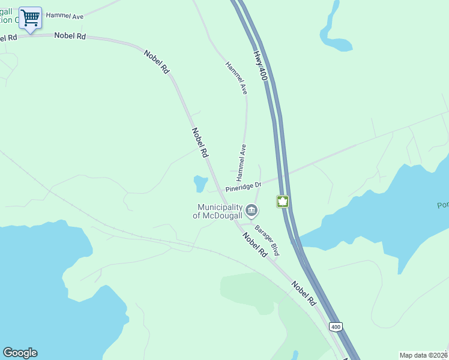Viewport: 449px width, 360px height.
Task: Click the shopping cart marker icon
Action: coord(30,17)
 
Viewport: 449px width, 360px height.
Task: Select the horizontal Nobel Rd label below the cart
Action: coord(70,36)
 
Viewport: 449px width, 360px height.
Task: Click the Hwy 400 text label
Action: coord(259,65)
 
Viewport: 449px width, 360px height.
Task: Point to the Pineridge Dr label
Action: coord(244,188)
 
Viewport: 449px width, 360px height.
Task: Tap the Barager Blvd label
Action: coord(267,240)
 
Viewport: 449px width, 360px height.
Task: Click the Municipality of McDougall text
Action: coord(218,211)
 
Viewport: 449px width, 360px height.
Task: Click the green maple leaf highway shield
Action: coord(283,202)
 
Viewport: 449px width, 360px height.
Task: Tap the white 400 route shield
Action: coord(336,326)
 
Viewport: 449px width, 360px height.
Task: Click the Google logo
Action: coord(20,353)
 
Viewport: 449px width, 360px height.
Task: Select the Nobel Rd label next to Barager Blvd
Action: coord(255,245)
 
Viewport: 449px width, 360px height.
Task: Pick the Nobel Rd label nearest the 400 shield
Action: coord(304,293)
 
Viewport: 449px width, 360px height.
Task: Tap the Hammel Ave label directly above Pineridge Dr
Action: coord(241,163)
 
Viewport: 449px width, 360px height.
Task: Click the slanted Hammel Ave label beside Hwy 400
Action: coord(236,78)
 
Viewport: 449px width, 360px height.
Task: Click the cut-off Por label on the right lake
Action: coord(442,206)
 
